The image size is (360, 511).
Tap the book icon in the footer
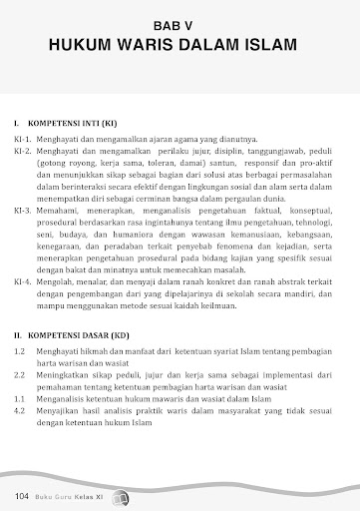pos(123,496)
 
